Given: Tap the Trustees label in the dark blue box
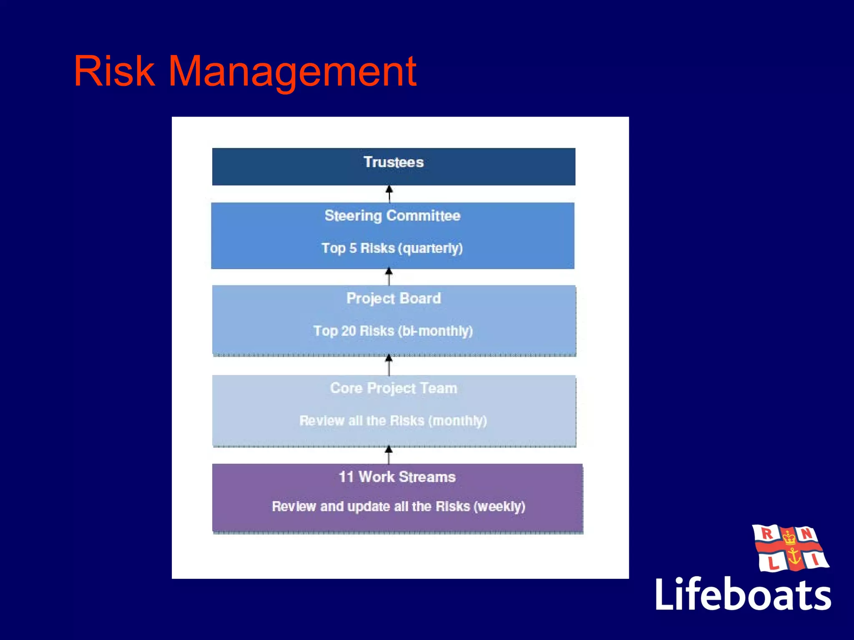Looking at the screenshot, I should [x=393, y=162].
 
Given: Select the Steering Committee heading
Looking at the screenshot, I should [x=392, y=215].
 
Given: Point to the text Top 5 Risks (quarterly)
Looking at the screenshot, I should [x=392, y=248].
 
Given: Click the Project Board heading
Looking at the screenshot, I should [x=393, y=298].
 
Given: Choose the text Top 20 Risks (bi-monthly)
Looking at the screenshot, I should [x=393, y=331].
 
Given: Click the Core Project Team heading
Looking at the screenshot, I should [x=393, y=388].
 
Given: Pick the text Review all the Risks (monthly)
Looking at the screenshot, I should [x=393, y=420].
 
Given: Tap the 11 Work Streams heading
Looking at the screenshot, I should [x=397, y=477].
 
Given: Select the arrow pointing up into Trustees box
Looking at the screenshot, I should [x=389, y=194].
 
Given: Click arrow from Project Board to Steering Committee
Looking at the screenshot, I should [x=389, y=277].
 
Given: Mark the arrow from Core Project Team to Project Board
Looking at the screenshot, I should [x=389, y=365].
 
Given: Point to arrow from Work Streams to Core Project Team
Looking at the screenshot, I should [x=389, y=455].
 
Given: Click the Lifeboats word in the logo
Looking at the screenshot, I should [x=743, y=595].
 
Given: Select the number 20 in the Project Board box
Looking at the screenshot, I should [x=349, y=331].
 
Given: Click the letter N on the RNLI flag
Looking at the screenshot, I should [x=807, y=534].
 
